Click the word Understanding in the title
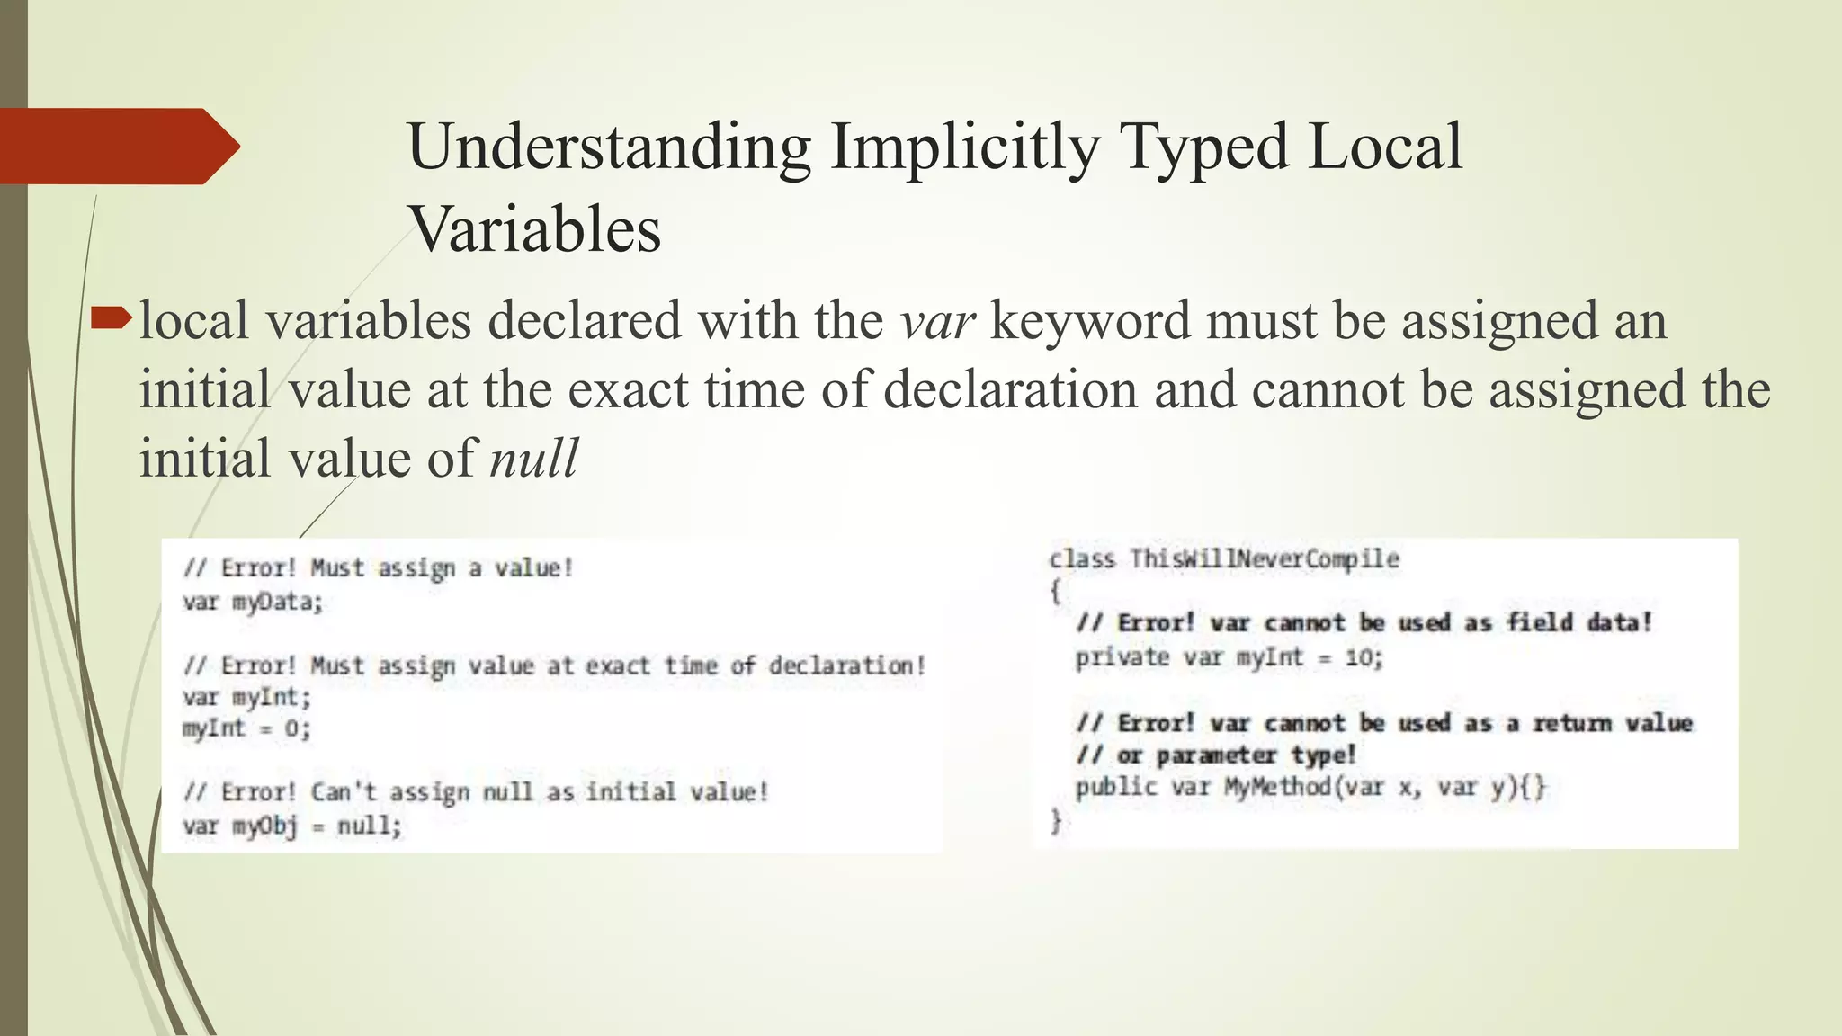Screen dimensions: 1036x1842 pos(609,147)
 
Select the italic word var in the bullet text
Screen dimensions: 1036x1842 pos(937,321)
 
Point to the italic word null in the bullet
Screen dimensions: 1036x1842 pos(533,459)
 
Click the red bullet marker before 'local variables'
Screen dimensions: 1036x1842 pos(112,317)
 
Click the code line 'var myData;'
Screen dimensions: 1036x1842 pos(253,602)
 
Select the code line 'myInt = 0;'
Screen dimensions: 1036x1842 pos(246,728)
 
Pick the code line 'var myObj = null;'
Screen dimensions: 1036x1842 pos(292,826)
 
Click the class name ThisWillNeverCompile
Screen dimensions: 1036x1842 pos(1264,559)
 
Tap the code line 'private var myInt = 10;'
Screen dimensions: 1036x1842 pos(1229,658)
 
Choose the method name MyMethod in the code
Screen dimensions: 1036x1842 pos(1277,788)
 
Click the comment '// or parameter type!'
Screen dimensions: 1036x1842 pos(1216,755)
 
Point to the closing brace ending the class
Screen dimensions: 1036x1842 pos(1056,820)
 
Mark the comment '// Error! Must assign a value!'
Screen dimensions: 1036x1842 pos(378,568)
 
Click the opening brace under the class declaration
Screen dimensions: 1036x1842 pos(1056,592)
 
